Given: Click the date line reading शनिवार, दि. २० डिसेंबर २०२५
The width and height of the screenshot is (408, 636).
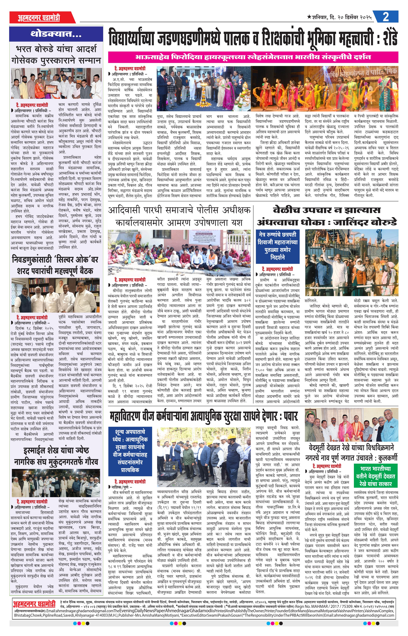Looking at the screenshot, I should [340, 18].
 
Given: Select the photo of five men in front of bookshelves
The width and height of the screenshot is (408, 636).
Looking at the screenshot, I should [56, 295].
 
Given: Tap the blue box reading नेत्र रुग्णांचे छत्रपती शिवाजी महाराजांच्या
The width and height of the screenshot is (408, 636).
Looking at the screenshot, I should [277, 246].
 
